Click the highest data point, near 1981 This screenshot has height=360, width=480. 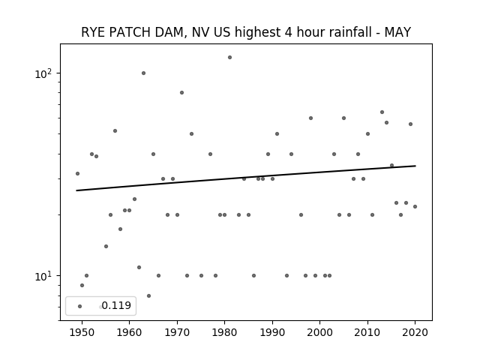[230, 58]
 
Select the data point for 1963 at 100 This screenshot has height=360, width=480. [143, 73]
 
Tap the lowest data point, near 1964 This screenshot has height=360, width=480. [148, 296]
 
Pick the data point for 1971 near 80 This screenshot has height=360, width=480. [181, 93]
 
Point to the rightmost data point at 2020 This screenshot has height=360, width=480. [415, 207]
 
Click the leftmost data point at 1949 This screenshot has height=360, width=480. [77, 173]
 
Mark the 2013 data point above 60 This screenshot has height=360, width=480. [382, 112]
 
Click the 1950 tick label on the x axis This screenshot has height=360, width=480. [82, 333]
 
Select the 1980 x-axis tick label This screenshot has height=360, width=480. [224, 333]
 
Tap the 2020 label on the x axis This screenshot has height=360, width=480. [415, 333]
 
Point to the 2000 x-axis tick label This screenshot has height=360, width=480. [320, 333]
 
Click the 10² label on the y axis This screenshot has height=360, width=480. [43, 73]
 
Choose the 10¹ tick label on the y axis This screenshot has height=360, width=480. [43, 276]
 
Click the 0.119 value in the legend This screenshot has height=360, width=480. [116, 305]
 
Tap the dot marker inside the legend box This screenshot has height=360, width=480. [80, 307]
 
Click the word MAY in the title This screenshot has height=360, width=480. [397, 32]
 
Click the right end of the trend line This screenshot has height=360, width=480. [415, 166]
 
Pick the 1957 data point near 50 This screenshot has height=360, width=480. [115, 131]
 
